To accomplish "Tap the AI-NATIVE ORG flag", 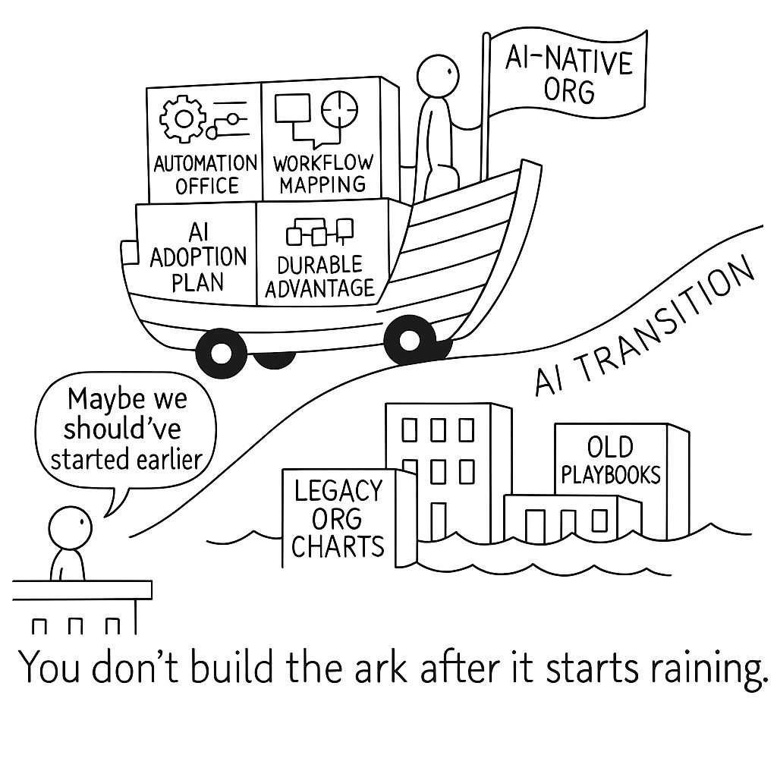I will [x=569, y=76].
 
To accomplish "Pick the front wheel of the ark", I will [x=410, y=340].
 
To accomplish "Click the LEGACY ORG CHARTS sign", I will [x=338, y=519].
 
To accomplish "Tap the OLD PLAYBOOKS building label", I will [x=611, y=461].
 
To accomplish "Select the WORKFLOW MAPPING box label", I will [x=322, y=174].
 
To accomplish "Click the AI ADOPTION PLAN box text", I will [x=197, y=258].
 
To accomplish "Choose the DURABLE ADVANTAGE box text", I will [x=320, y=275].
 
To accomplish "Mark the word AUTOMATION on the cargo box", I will [x=206, y=163].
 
